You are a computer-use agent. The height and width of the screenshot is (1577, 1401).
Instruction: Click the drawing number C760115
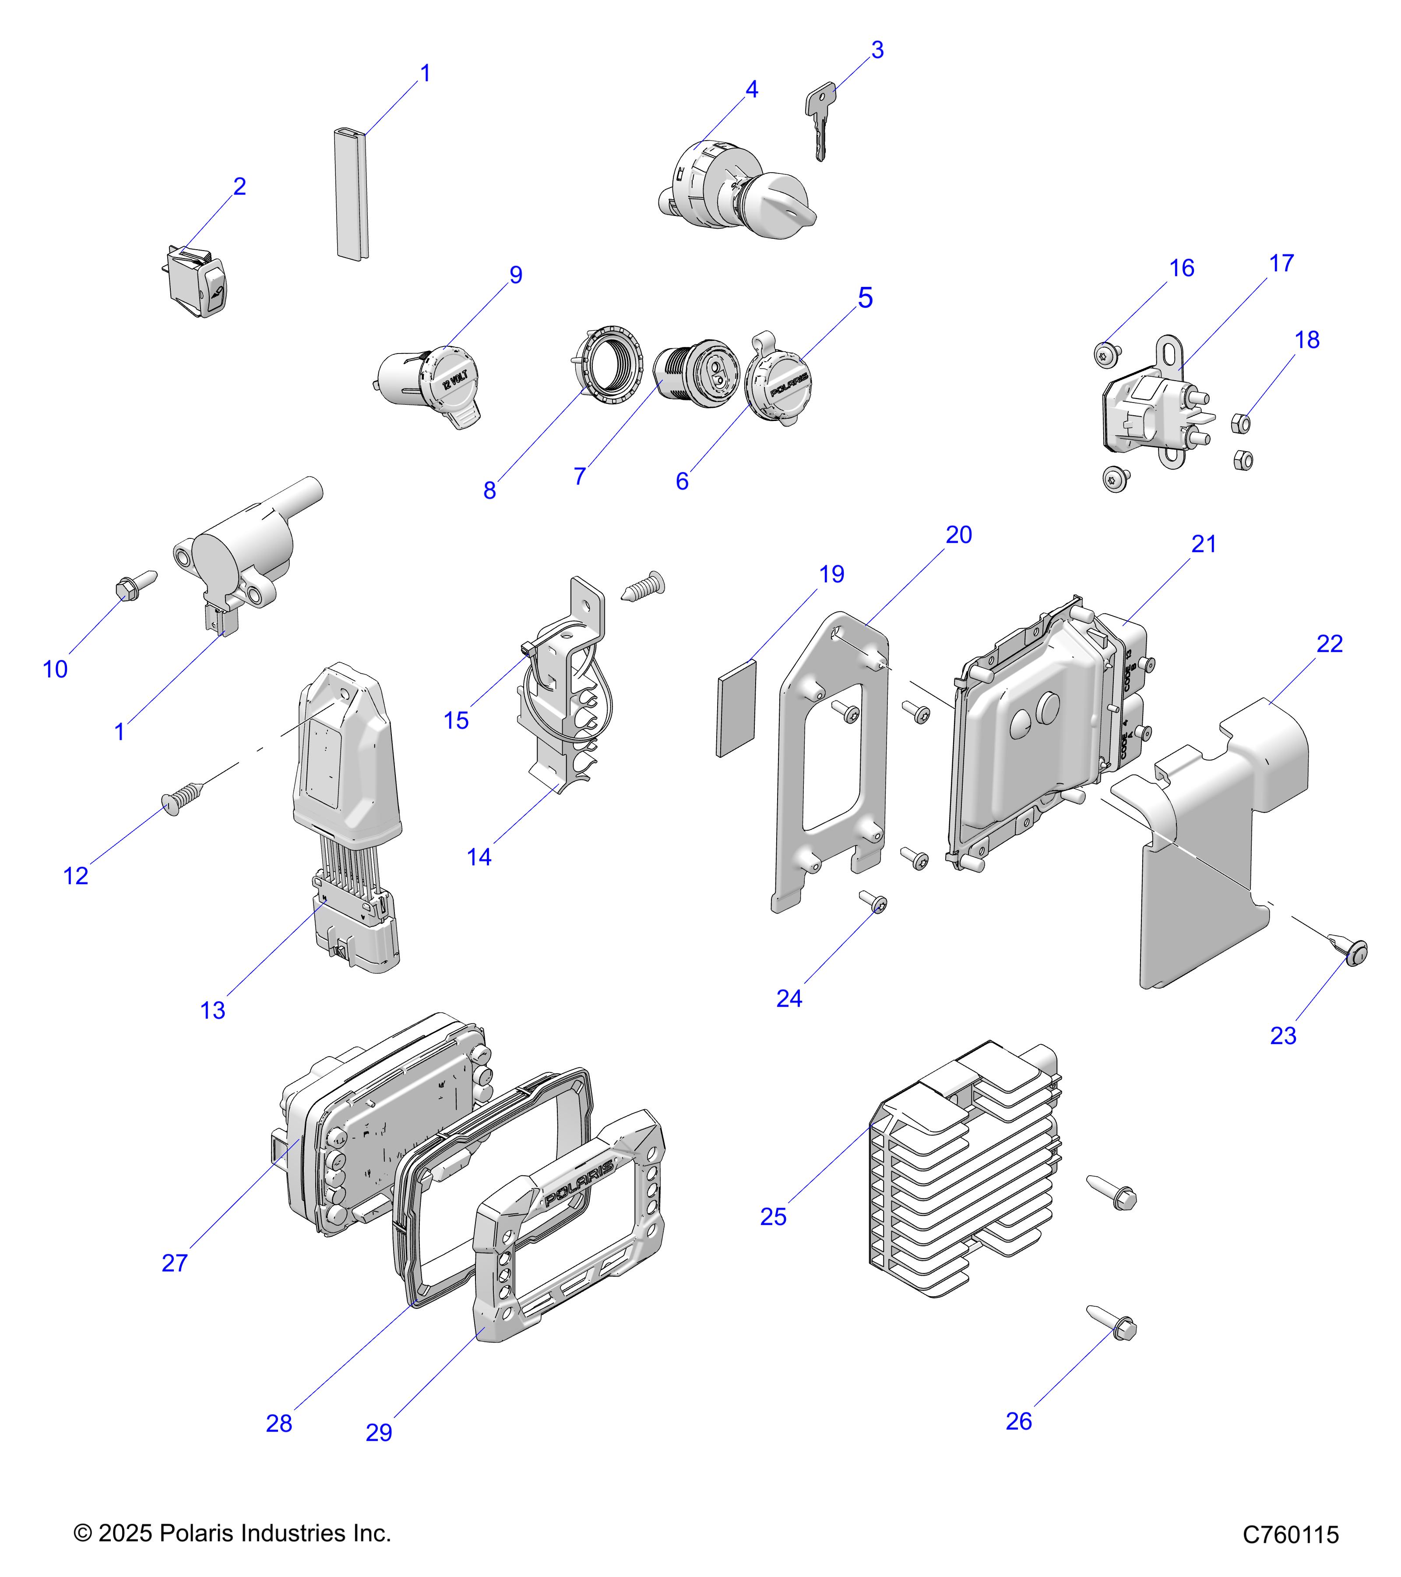point(1290,1535)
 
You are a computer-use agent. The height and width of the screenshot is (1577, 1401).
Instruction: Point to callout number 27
point(175,1263)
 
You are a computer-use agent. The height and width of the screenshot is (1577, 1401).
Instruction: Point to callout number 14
point(479,856)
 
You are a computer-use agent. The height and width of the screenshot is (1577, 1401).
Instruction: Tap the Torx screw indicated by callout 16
point(1105,354)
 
